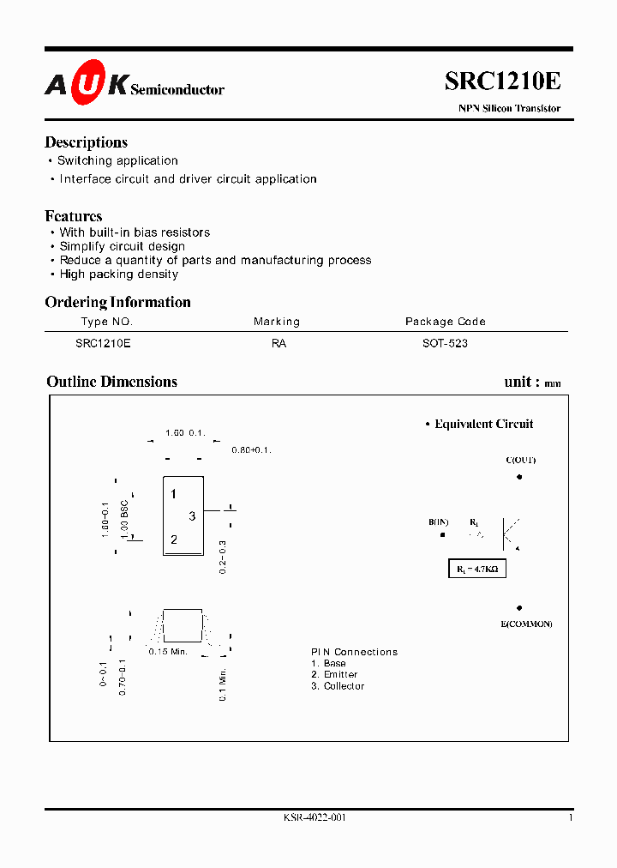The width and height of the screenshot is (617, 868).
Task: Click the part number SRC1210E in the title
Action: pyautogui.click(x=502, y=81)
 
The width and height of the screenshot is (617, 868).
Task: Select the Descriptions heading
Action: pyautogui.click(x=86, y=142)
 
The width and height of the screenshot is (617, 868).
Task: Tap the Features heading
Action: pyautogui.click(x=74, y=216)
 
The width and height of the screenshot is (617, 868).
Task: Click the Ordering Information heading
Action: pyautogui.click(x=117, y=302)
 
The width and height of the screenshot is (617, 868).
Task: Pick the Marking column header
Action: pyautogui.click(x=277, y=322)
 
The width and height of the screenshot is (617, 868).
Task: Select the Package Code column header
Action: pyautogui.click(x=445, y=322)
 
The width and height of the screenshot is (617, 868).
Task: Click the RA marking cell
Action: pyautogui.click(x=279, y=343)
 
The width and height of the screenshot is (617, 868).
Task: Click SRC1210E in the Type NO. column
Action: pyautogui.click(x=103, y=343)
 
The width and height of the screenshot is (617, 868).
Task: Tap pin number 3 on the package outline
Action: pyautogui.click(x=192, y=516)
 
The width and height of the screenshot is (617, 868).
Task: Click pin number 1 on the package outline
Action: pyautogui.click(x=173, y=494)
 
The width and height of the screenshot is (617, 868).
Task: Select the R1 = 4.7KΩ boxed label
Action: pyautogui.click(x=477, y=569)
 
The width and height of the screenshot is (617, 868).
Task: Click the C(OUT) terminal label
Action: pyautogui.click(x=520, y=461)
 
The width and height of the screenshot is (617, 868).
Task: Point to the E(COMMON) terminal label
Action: pyautogui.click(x=526, y=624)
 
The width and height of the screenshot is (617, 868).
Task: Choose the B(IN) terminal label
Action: pyautogui.click(x=439, y=522)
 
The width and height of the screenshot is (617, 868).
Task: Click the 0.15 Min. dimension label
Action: pyautogui.click(x=168, y=652)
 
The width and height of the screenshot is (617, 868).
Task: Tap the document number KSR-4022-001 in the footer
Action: pyautogui.click(x=314, y=817)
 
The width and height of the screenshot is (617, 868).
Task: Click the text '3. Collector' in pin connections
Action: pyautogui.click(x=338, y=686)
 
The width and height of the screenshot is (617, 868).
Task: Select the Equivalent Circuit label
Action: pyautogui.click(x=483, y=424)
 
